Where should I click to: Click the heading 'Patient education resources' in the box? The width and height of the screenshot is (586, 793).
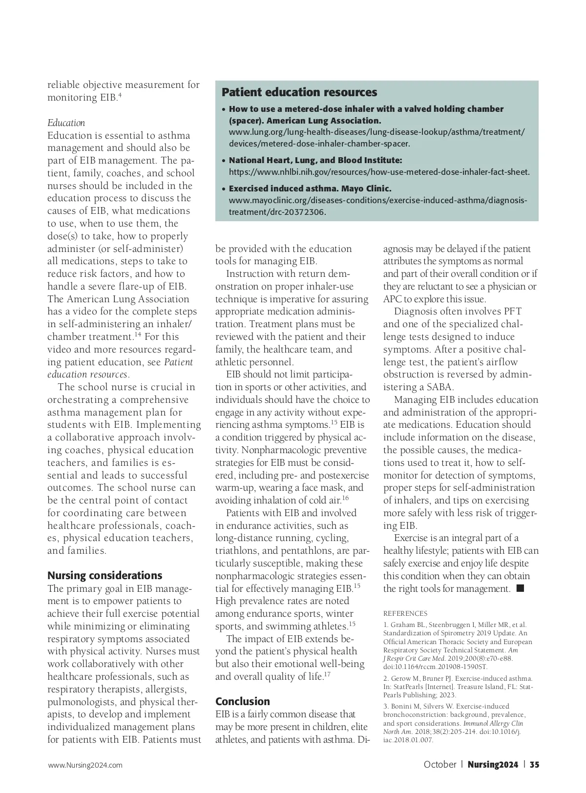point(299,92)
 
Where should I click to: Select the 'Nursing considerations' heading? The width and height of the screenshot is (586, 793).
point(105,575)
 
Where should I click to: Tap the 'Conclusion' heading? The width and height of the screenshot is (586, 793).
point(243,701)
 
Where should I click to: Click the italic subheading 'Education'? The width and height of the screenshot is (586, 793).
point(66,123)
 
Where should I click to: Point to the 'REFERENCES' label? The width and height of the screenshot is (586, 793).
point(405,613)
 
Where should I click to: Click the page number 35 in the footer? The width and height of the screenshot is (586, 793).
point(534,765)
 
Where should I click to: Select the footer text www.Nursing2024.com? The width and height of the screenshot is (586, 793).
point(85,765)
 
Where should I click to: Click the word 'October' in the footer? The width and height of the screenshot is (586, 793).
point(439,765)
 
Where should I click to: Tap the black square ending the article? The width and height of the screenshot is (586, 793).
point(520,588)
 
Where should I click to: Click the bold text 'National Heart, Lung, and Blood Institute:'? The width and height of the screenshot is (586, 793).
point(315,160)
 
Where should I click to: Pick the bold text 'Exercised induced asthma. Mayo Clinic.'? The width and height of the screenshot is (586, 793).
point(310,188)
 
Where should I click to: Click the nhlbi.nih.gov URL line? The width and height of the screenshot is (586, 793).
point(379,172)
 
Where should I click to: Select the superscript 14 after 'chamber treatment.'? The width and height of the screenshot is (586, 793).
point(138,334)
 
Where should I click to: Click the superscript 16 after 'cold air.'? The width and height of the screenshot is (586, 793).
point(345,498)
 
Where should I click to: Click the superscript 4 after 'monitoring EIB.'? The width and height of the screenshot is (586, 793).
point(120,95)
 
